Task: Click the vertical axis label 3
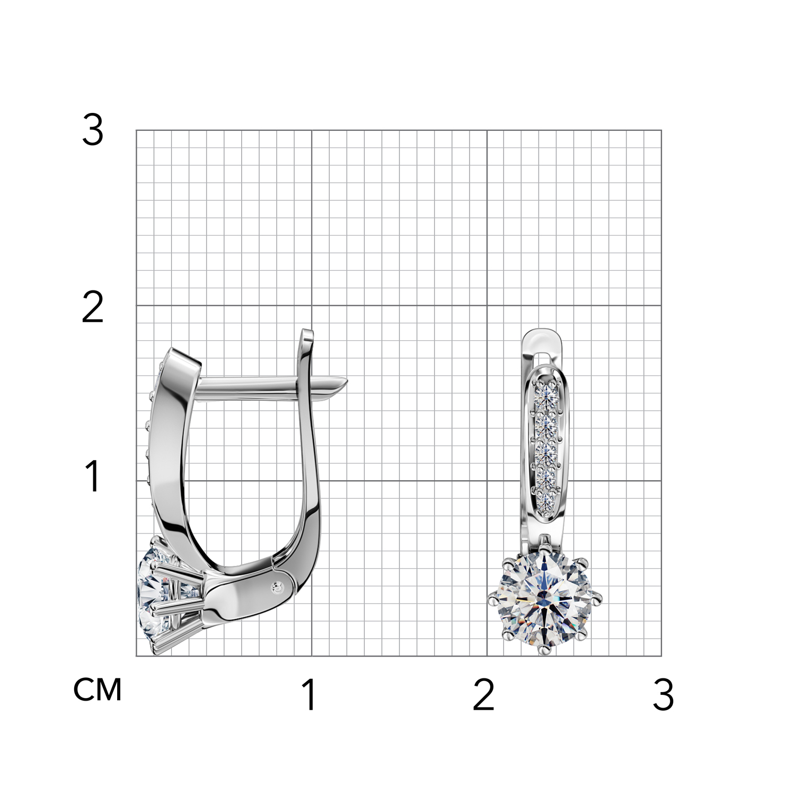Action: tap(93, 131)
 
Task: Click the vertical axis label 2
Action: tap(93, 308)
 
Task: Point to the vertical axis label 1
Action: tap(93, 475)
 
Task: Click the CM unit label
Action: tap(98, 690)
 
